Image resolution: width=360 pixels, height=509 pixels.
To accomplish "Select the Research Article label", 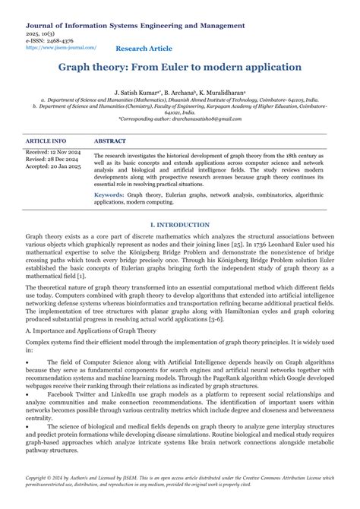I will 144,49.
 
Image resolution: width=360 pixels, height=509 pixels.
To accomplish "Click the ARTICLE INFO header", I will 46,141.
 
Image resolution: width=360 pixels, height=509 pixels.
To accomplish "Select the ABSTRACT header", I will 110,141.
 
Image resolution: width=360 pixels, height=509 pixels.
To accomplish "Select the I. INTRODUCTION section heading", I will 180,226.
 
